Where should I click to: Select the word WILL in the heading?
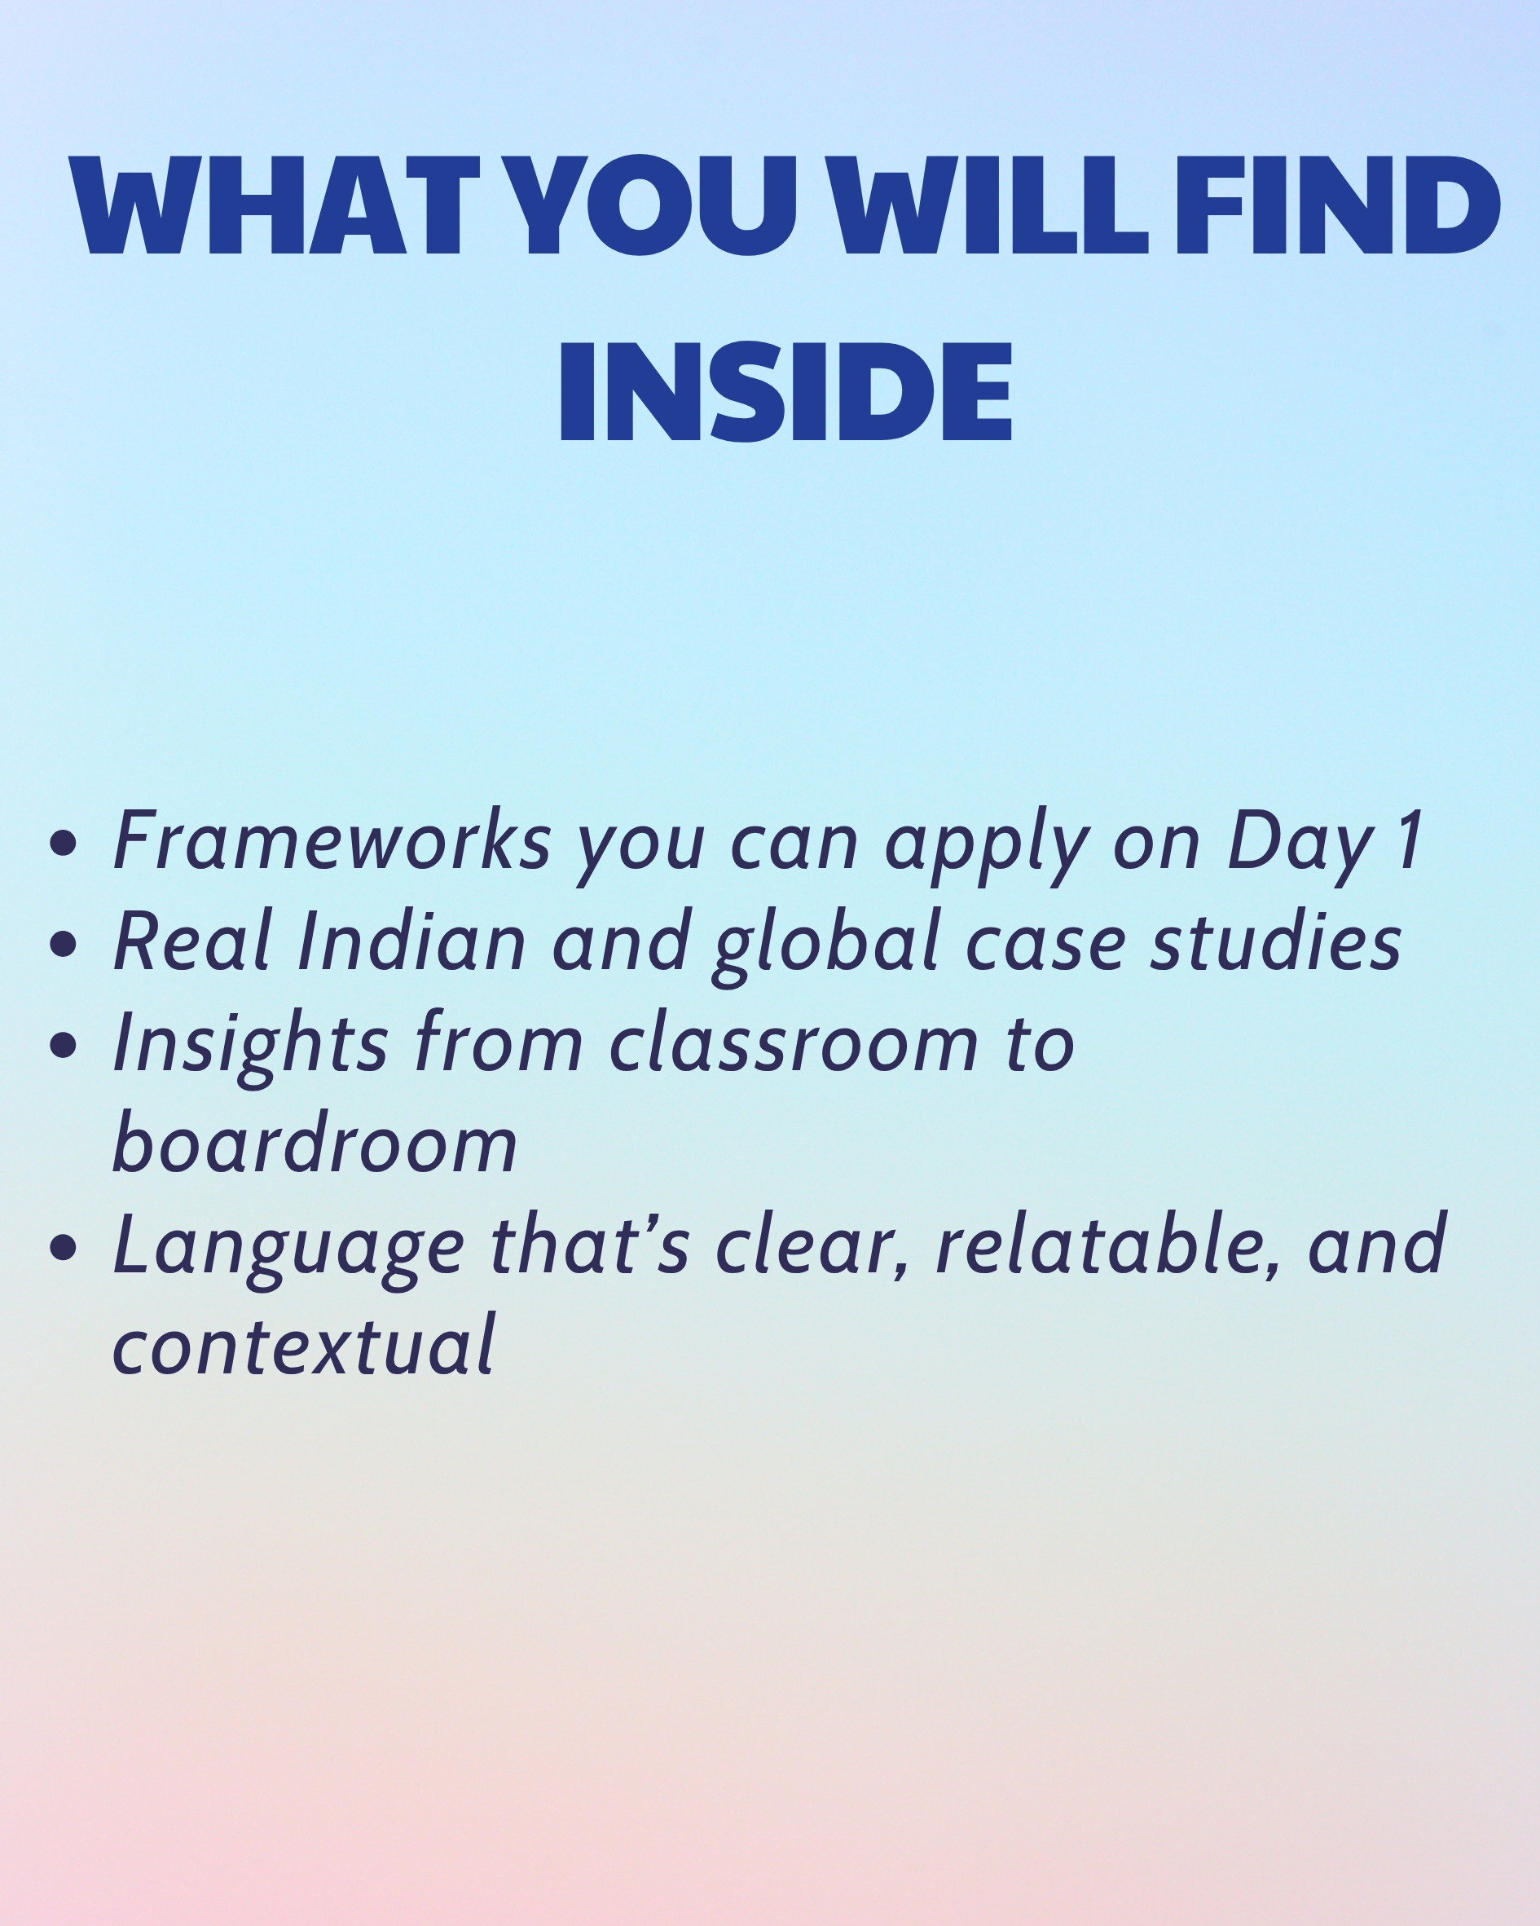pyautogui.click(x=985, y=205)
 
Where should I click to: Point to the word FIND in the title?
pyautogui.click(x=1337, y=205)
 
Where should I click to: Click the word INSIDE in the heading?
pyautogui.click(x=786, y=391)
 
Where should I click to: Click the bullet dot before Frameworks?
pyautogui.click(x=64, y=843)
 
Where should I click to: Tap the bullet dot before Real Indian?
pyautogui.click(x=64, y=943)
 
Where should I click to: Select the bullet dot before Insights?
pyautogui.click(x=64, y=1044)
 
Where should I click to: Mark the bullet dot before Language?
pyautogui.click(x=64, y=1247)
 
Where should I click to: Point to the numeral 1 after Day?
pyautogui.click(x=1410, y=840)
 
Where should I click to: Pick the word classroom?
pyautogui.click(x=794, y=1042)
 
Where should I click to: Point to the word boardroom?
pyautogui.click(x=315, y=1143)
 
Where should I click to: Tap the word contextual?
pyautogui.click(x=304, y=1346)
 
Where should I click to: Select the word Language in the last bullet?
pyautogui.click(x=288, y=1250)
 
